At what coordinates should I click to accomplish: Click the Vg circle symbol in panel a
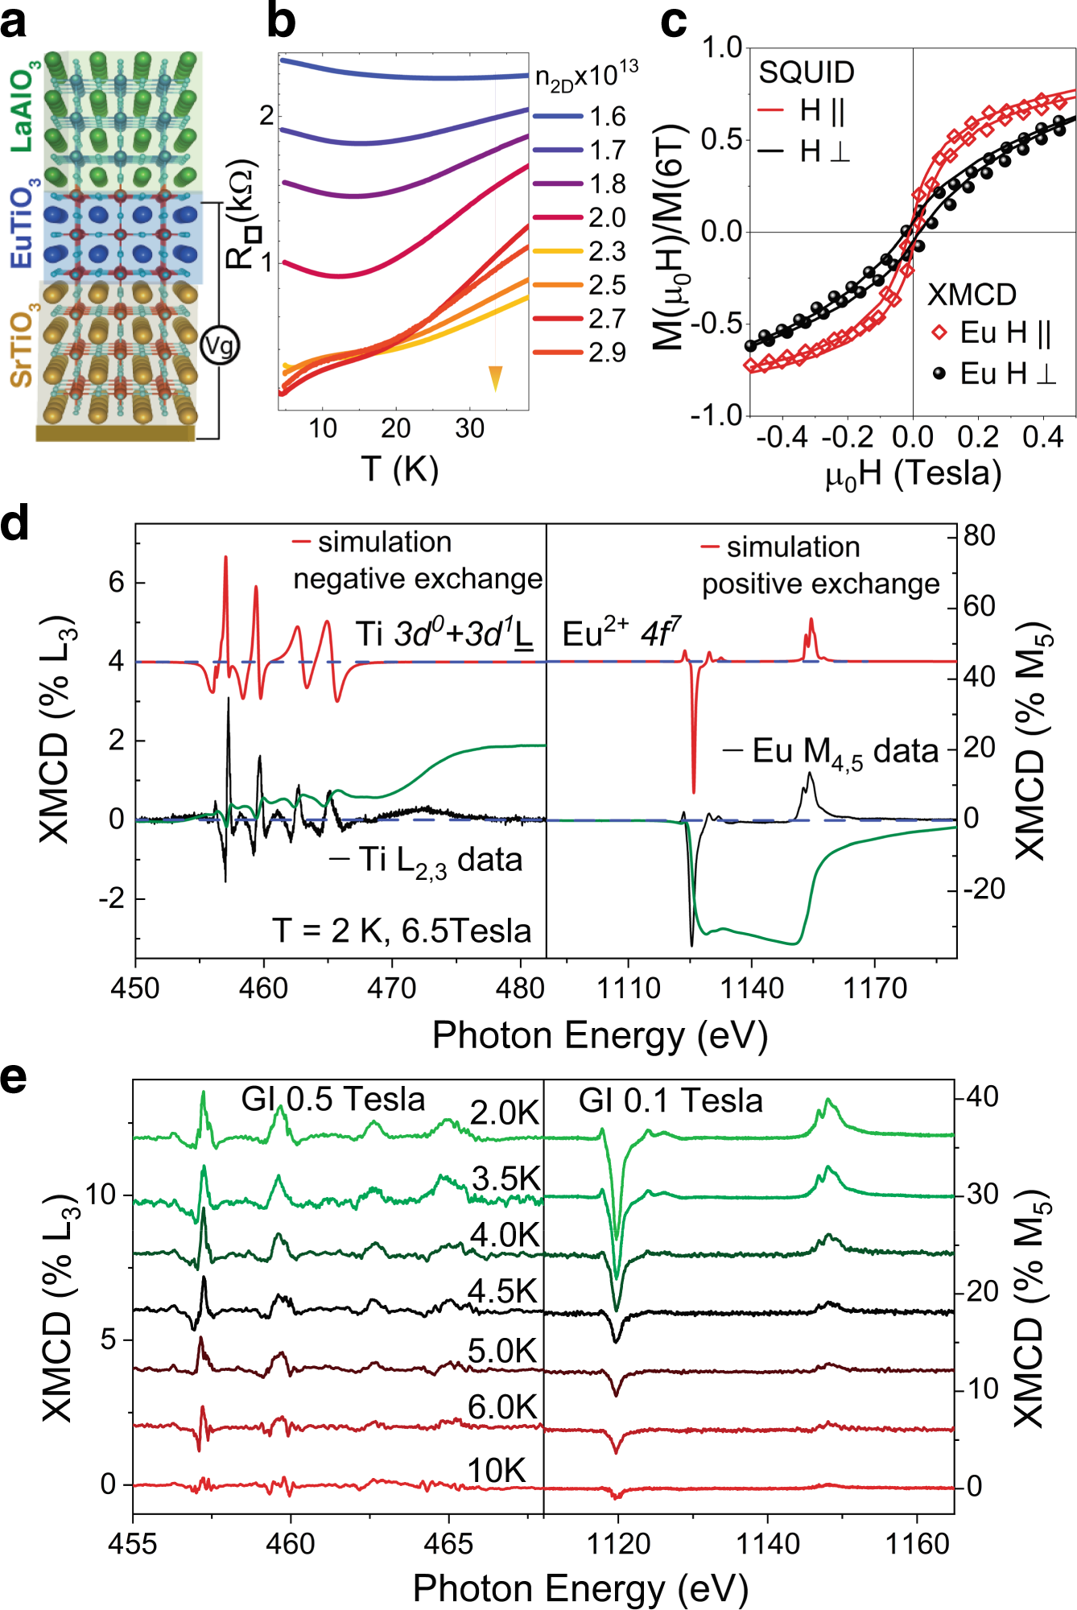[219, 345]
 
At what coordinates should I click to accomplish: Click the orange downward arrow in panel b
[495, 378]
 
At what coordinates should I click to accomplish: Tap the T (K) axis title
[400, 468]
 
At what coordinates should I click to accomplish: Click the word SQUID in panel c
[807, 72]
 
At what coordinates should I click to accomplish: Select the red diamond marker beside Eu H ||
[939, 332]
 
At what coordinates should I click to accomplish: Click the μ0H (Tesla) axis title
[914, 473]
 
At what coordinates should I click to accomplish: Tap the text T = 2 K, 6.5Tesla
[402, 931]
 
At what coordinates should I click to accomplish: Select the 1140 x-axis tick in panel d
[752, 988]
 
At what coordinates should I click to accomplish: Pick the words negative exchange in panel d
[418, 579]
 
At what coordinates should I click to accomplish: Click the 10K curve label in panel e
[496, 1471]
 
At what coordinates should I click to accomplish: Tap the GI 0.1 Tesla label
[671, 1100]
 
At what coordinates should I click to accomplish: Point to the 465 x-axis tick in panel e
[448, 1544]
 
